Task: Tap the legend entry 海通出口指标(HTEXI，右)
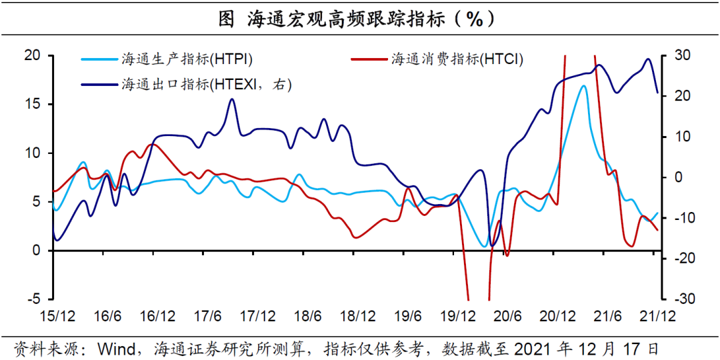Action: coord(207,84)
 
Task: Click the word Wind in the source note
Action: coord(117,347)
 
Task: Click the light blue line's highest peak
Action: coord(583,85)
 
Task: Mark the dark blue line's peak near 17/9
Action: coord(232,99)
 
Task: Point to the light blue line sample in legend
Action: coord(99,59)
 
